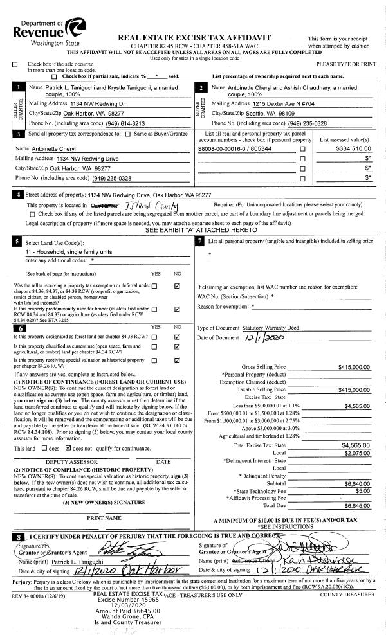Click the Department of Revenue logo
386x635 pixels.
(x=47, y=30)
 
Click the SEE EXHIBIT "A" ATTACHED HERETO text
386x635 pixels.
(x=198, y=229)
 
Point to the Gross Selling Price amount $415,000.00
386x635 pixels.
(x=354, y=367)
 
